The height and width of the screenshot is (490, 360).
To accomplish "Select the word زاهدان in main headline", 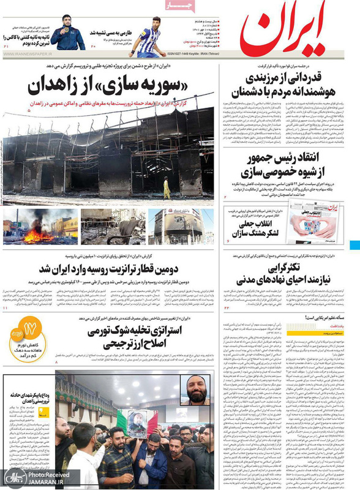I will click(59, 85).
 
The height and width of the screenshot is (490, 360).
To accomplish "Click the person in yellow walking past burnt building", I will click(167, 187).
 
